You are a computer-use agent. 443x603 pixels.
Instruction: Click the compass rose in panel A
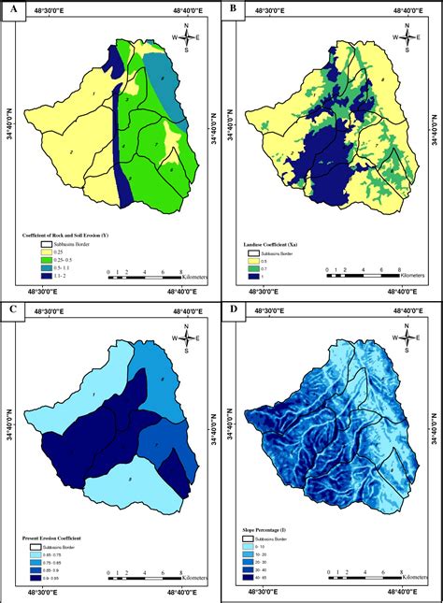point(188,38)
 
